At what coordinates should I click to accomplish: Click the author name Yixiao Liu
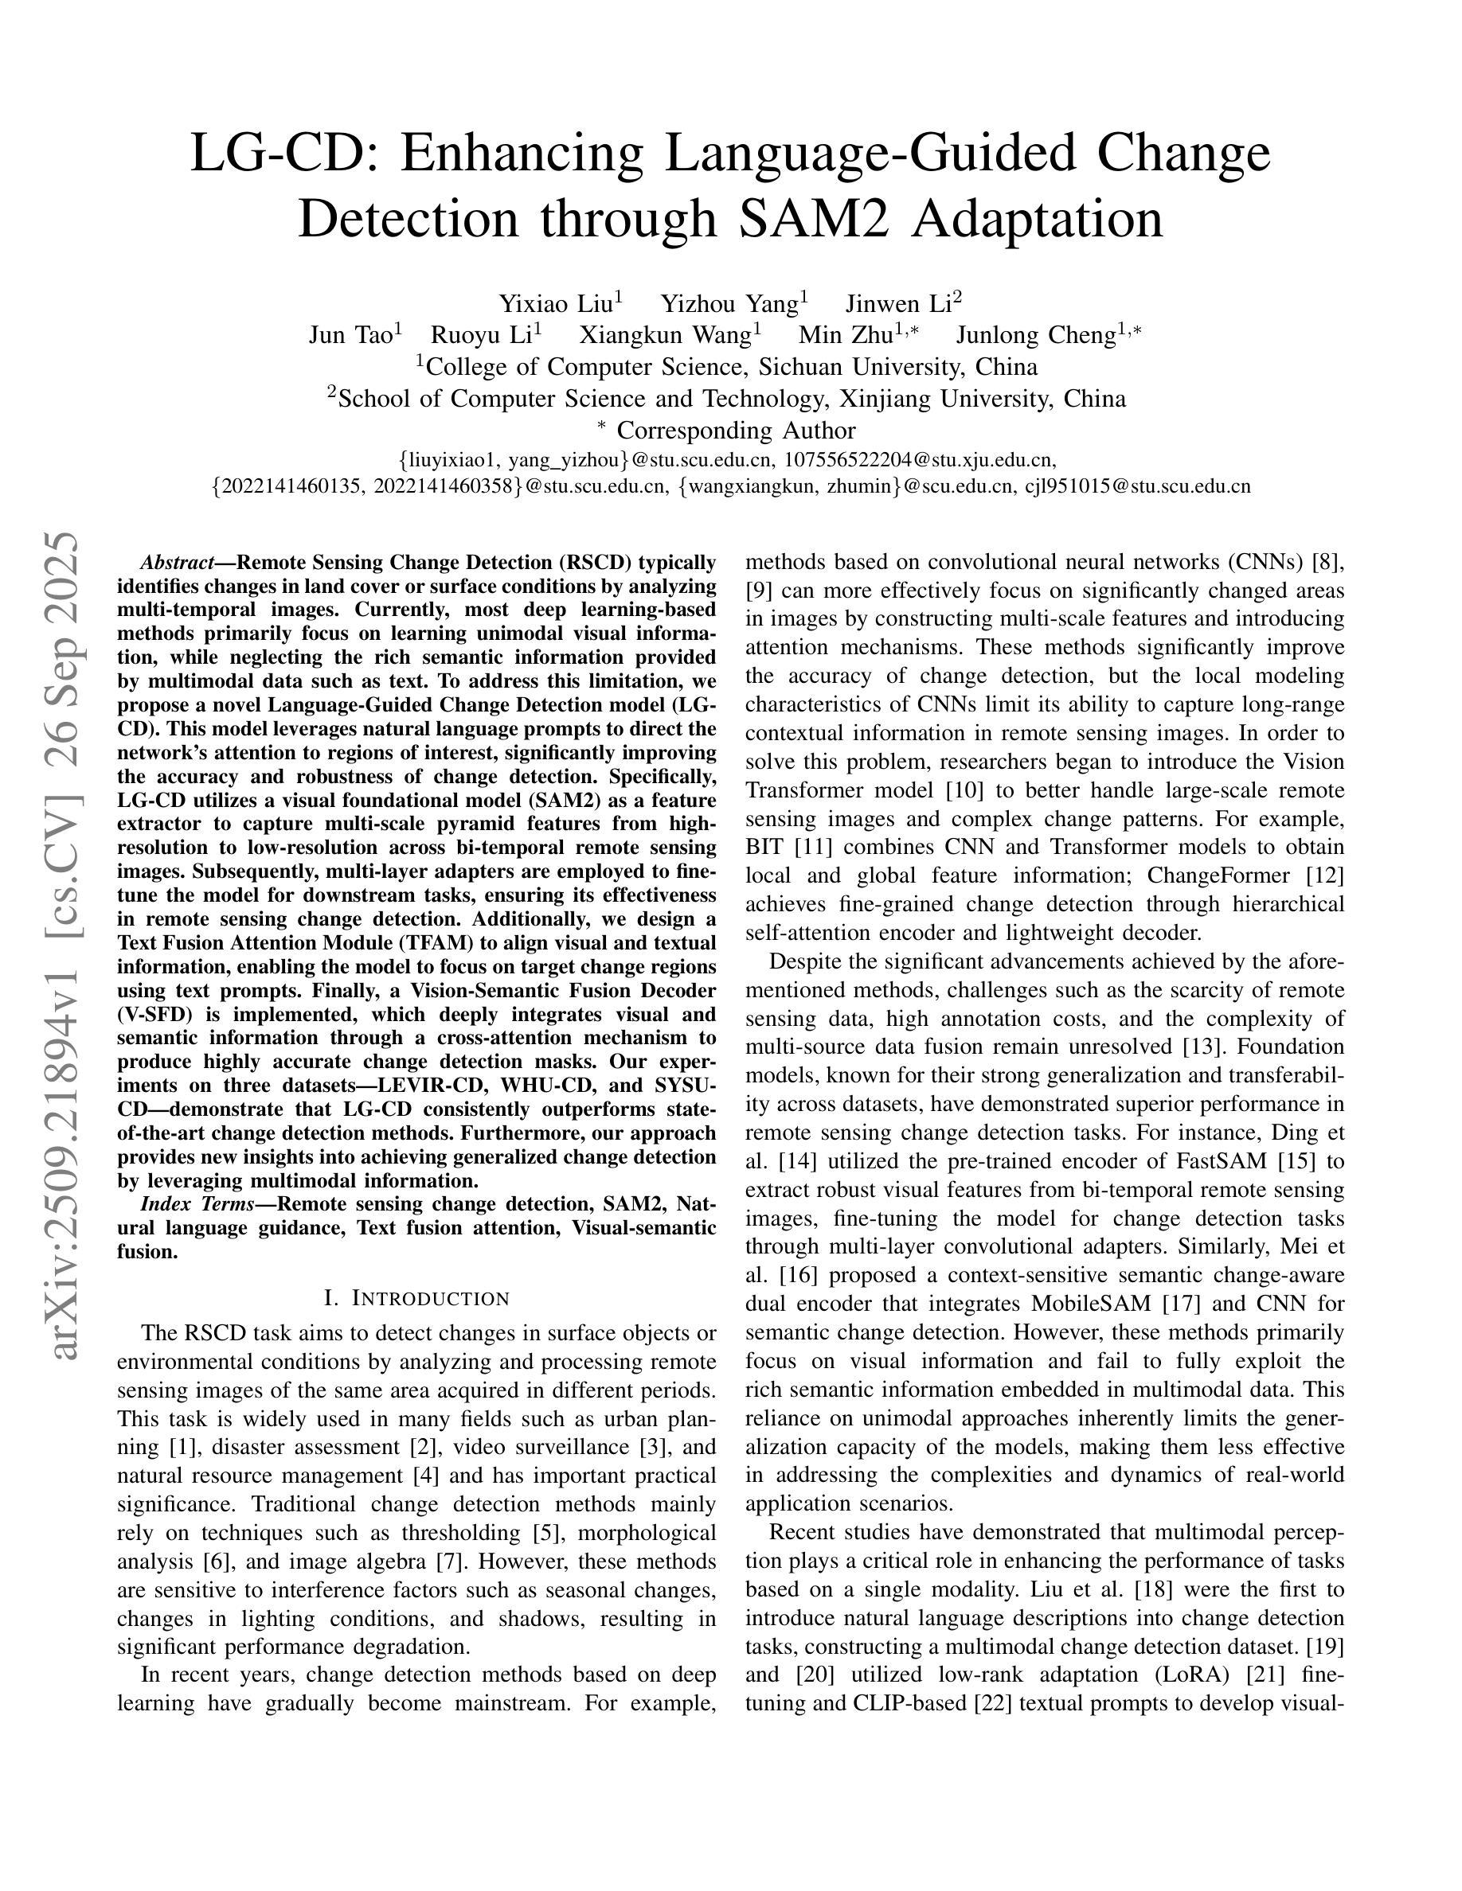(555, 304)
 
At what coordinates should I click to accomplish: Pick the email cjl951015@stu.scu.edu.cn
(1138, 486)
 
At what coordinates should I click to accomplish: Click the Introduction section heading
(416, 1299)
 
